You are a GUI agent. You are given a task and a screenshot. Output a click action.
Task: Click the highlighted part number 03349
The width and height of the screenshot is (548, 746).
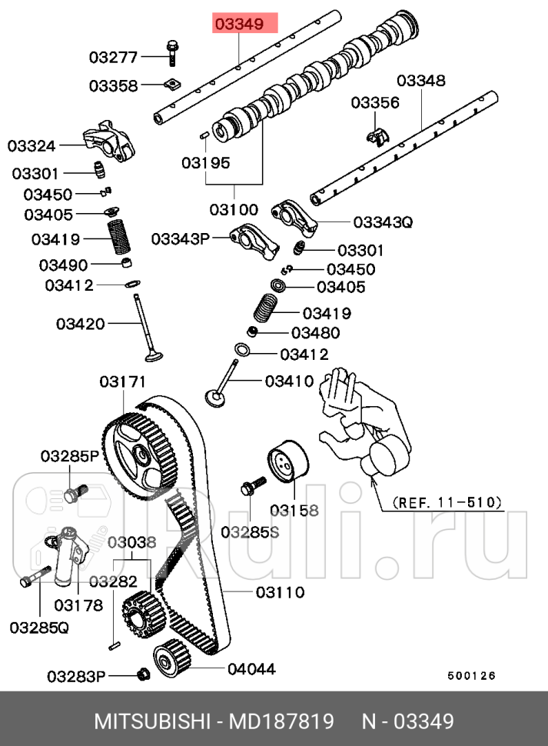coord(239,25)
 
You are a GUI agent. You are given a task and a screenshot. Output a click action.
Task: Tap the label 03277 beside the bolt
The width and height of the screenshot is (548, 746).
coord(112,57)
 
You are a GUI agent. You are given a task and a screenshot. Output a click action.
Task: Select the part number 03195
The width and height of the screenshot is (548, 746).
coord(206,163)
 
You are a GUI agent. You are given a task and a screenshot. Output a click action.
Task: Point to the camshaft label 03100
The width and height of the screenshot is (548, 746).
coord(234,209)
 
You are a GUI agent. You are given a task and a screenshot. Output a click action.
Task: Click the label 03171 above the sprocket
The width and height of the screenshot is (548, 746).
coord(122,382)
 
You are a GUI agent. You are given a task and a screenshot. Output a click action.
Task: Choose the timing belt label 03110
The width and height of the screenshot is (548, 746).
coord(281,592)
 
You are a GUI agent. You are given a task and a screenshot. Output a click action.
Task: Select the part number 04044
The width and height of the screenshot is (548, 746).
coord(251,669)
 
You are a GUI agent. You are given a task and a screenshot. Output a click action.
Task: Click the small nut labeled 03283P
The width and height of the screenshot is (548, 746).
coord(142,675)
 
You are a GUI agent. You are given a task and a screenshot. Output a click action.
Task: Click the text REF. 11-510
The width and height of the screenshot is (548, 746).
coord(447,502)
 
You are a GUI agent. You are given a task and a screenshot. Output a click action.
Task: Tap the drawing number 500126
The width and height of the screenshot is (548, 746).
coord(472,676)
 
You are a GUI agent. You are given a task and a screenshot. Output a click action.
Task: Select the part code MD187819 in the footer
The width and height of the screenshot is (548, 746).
coord(283,721)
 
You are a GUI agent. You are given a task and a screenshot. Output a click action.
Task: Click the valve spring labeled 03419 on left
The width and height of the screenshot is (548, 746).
coord(118,238)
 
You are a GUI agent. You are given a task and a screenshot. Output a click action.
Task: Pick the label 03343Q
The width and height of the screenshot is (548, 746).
coord(383,223)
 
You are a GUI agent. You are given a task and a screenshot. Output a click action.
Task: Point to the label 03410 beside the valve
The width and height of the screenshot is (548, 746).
coord(289,381)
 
